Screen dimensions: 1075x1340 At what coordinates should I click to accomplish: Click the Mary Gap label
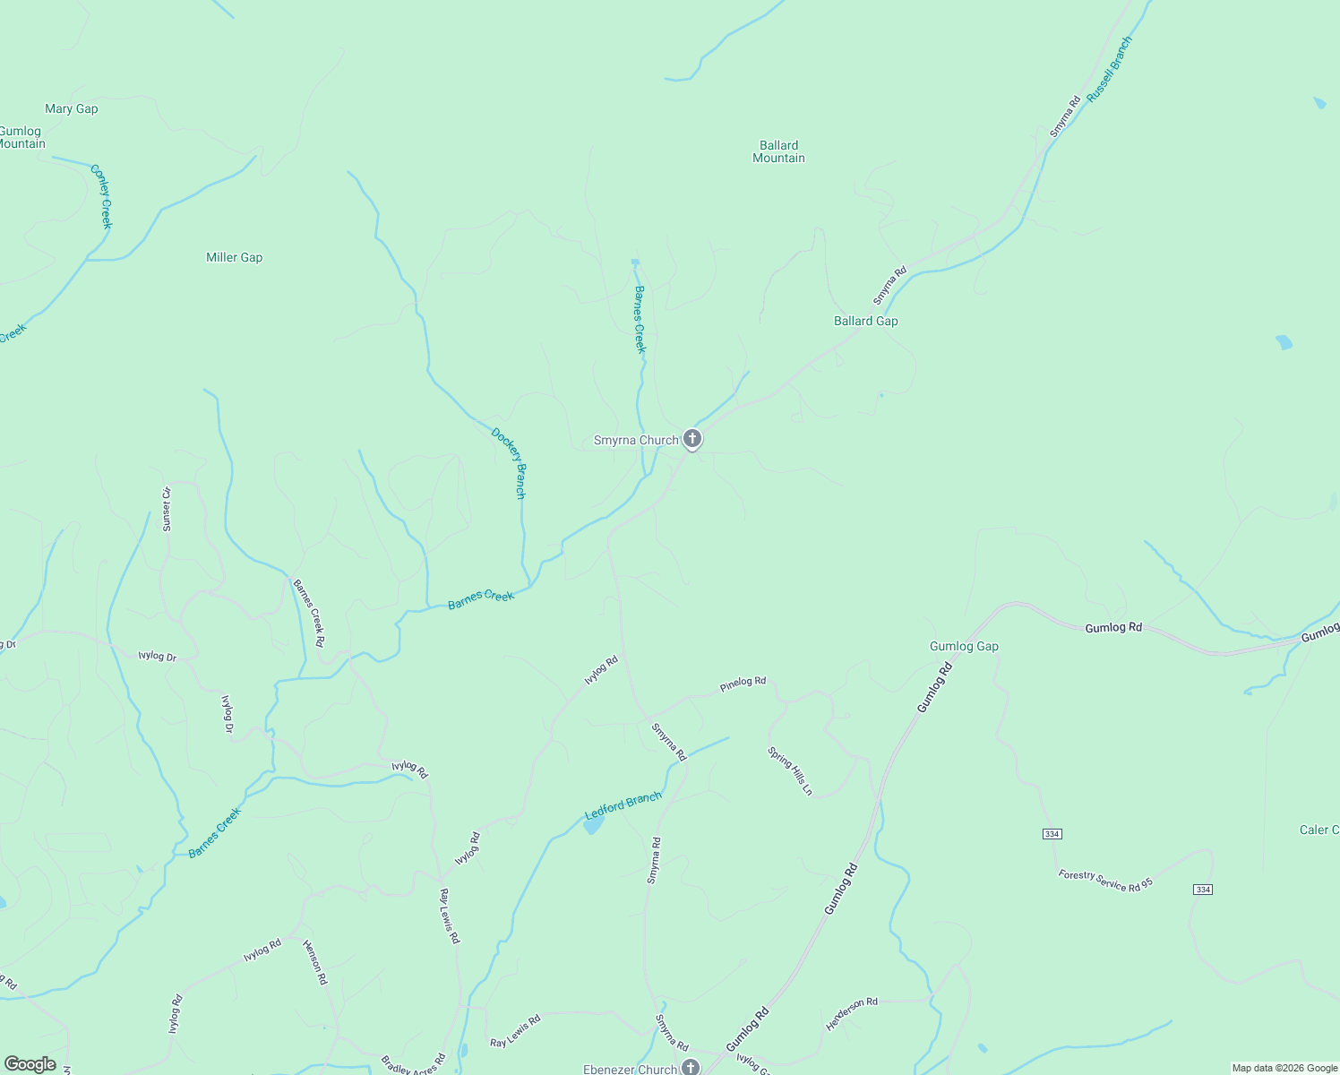72,109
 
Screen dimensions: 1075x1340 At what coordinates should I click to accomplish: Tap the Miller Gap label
235,258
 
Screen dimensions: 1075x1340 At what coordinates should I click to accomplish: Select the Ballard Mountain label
778,151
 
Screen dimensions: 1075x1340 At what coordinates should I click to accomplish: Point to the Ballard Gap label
865,321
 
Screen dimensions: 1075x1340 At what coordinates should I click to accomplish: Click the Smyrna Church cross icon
691,439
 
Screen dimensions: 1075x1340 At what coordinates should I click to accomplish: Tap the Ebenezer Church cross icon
690,1067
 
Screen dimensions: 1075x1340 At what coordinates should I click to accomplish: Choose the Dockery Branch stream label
509,463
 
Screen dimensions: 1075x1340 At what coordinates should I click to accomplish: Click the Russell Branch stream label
1110,69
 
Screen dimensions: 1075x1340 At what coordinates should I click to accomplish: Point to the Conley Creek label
101,196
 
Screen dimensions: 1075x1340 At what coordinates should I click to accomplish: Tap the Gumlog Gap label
964,647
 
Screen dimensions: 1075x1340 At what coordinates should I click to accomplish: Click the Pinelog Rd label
743,685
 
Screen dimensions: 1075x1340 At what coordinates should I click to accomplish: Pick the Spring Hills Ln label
790,771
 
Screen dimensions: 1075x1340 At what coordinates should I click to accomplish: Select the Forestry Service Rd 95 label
1105,880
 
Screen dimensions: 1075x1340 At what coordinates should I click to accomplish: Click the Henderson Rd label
852,1014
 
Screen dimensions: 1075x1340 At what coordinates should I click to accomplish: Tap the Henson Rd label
314,962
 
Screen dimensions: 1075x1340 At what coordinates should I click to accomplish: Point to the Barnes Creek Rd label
309,613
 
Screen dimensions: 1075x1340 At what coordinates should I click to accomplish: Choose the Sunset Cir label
167,509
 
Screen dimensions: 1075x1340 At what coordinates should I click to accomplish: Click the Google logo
30,1064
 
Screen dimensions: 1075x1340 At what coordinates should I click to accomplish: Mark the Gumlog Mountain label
21,137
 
